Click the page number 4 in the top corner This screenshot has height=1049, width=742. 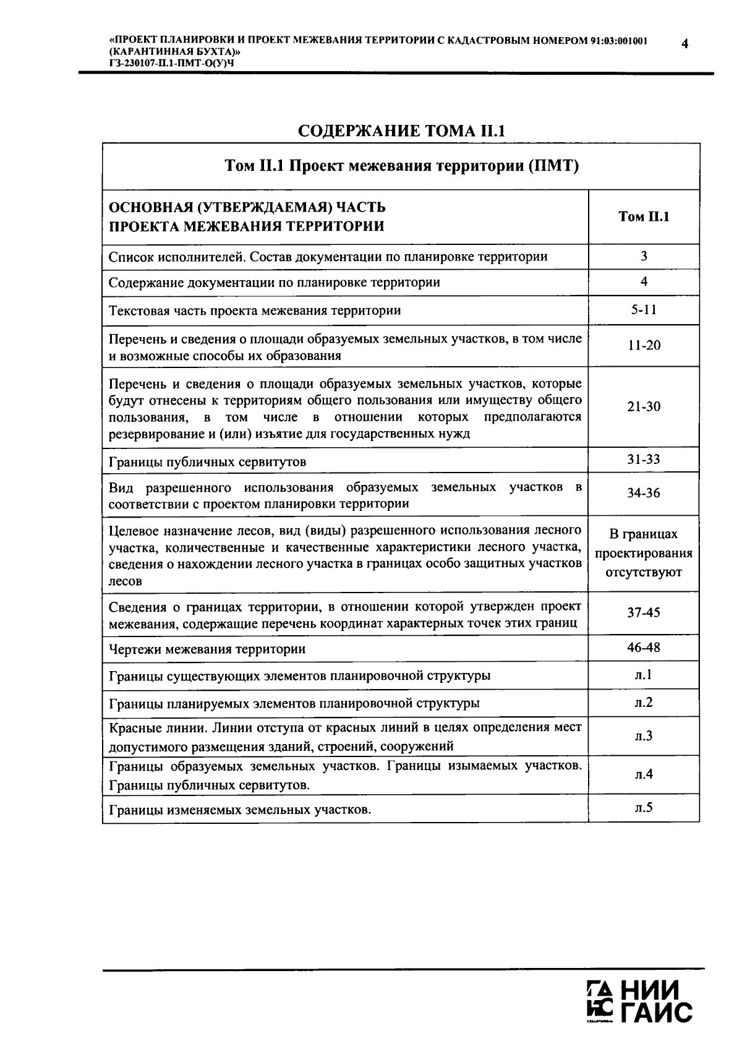685,43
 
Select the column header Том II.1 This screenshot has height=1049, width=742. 644,216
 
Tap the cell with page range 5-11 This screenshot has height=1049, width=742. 644,309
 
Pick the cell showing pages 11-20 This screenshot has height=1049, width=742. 644,345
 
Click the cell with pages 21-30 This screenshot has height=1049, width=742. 644,406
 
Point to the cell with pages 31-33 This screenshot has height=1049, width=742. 644,460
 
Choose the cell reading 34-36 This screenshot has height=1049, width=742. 644,494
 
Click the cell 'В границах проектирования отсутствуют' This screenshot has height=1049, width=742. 644,553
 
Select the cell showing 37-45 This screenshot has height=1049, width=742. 644,612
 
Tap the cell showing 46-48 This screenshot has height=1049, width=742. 644,648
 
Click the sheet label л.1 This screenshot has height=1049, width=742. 644,675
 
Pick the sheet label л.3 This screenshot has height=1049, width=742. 644,735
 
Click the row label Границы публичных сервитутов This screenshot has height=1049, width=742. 207,462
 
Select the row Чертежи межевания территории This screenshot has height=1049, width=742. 207,649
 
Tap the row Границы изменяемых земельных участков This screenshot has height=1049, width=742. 240,810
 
